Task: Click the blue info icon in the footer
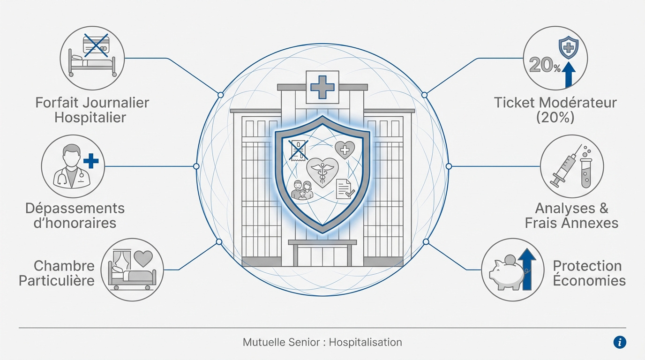[620, 343]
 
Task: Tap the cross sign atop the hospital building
[322, 87]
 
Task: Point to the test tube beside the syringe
[585, 173]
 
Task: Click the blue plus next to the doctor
[91, 161]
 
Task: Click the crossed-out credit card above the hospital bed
[96, 45]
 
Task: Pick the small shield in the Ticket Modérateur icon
[569, 48]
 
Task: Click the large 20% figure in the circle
[545, 65]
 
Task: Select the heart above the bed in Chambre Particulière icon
[143, 259]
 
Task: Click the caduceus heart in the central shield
[322, 172]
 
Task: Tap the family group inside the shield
[302, 190]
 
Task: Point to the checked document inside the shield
[345, 189]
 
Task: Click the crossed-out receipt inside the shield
[298, 150]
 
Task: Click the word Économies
[589, 280]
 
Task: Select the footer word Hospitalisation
[366, 342]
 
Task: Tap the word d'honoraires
[75, 223]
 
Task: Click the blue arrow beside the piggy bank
[527, 269]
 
